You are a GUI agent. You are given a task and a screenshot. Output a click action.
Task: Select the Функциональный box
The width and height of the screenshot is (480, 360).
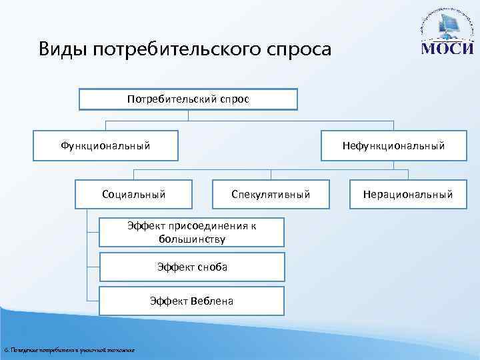pos(106,145)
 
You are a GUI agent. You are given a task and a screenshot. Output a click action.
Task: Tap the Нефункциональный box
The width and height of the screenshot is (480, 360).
pos(393,145)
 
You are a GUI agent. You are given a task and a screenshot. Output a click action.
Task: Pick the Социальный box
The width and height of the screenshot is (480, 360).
pos(134,195)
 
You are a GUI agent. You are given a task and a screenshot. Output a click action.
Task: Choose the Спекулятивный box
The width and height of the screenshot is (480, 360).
pos(271,195)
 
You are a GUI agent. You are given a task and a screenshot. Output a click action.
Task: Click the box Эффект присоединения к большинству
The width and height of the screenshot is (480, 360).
pos(192,232)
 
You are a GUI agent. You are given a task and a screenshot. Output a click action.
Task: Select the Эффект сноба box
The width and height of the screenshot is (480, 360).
pos(192,267)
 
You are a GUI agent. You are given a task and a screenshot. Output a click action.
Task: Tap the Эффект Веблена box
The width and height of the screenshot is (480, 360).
pos(192,301)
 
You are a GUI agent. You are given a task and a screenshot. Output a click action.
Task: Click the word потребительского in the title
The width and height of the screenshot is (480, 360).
pos(170,50)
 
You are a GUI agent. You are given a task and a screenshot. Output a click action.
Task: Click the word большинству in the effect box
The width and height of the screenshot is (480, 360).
pos(192,238)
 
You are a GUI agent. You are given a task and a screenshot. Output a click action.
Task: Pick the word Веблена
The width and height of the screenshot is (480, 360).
pos(211,301)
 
